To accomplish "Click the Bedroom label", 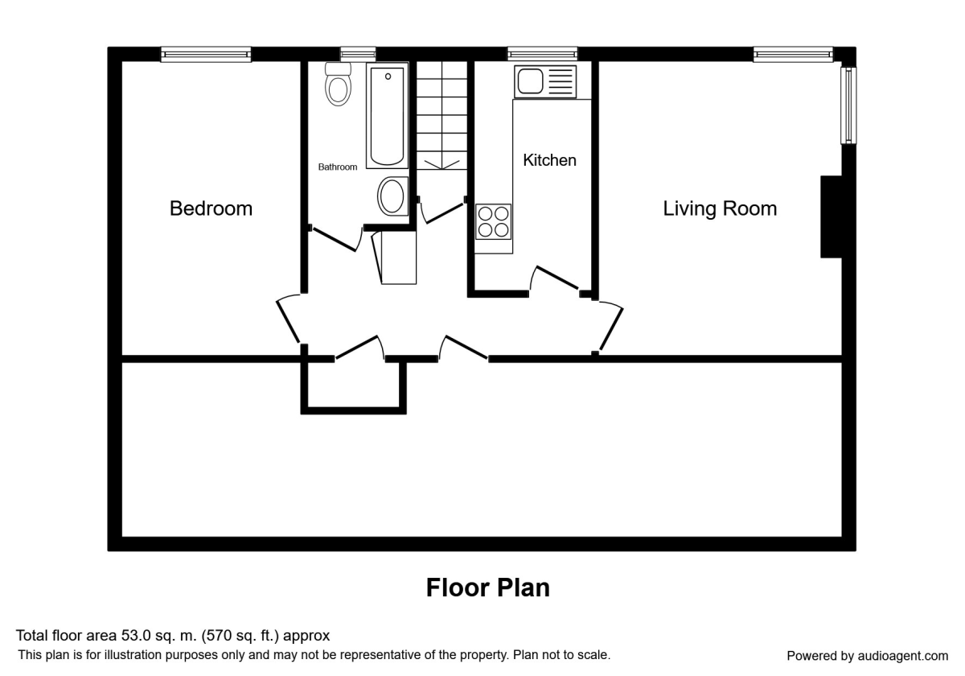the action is coord(211,208).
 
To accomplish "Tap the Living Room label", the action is coord(720,208).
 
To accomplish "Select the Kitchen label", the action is coord(549,160).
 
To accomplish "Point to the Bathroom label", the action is coord(337,167).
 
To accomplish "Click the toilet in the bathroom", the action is coord(339,84).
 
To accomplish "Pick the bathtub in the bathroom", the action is coord(387,116).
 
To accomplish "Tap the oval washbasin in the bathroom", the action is coord(392,196).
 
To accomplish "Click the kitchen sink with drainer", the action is coord(545,81).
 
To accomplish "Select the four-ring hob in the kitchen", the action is coord(493,221).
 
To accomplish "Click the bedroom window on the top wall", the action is coord(206,55).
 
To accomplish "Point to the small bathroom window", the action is coord(358,55).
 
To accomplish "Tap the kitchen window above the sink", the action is coord(542,55).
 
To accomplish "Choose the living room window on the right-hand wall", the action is coord(848,105).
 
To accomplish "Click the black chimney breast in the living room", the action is coord(832,216).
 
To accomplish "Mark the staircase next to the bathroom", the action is coord(441,116).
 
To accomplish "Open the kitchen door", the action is coord(556,279).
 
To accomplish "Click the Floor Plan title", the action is coord(487,587).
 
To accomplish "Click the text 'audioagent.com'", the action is coord(903,656).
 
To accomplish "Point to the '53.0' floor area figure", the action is coord(136,636).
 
